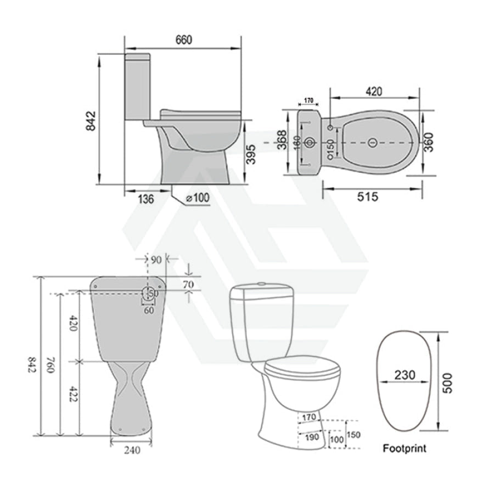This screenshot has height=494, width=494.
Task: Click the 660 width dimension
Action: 183,41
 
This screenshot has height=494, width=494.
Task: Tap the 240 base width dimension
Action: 130,451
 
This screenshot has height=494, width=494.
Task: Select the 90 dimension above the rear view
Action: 158,258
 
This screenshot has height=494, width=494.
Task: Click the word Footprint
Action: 404,448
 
